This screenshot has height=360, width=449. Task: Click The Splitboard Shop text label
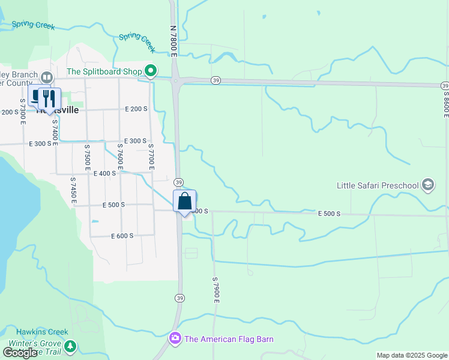104,71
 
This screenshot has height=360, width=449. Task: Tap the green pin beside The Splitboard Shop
151,71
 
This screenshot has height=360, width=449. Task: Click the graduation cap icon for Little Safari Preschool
428,184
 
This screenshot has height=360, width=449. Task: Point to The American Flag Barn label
229,339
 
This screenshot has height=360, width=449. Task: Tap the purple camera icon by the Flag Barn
175,339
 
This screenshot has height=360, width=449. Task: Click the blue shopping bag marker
185,201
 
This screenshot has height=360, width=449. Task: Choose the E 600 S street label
122,236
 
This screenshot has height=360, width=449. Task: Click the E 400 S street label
104,173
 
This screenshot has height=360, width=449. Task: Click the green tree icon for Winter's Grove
70,347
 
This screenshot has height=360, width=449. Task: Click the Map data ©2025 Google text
411,355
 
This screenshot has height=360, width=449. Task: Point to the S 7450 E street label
73,190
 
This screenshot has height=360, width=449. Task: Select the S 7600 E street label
119,154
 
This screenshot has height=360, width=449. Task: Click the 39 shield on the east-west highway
215,80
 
